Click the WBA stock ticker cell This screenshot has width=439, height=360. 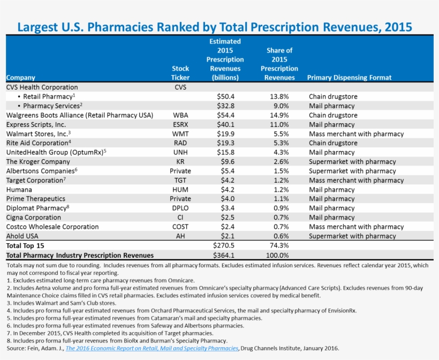click(180, 115)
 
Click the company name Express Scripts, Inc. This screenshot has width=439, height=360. click(36, 124)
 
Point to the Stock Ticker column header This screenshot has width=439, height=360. click(180, 73)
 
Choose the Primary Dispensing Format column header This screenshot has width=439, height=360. click(349, 78)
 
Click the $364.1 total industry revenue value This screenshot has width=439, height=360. click(224, 256)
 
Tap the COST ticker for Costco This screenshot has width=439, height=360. click(180, 227)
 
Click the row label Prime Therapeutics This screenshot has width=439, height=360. click(35, 199)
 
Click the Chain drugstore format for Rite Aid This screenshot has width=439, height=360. click(333, 143)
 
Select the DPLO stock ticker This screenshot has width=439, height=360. click(180, 208)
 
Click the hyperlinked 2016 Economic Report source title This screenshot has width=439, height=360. click(152, 348)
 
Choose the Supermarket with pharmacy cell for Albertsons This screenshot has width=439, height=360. click(352, 171)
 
